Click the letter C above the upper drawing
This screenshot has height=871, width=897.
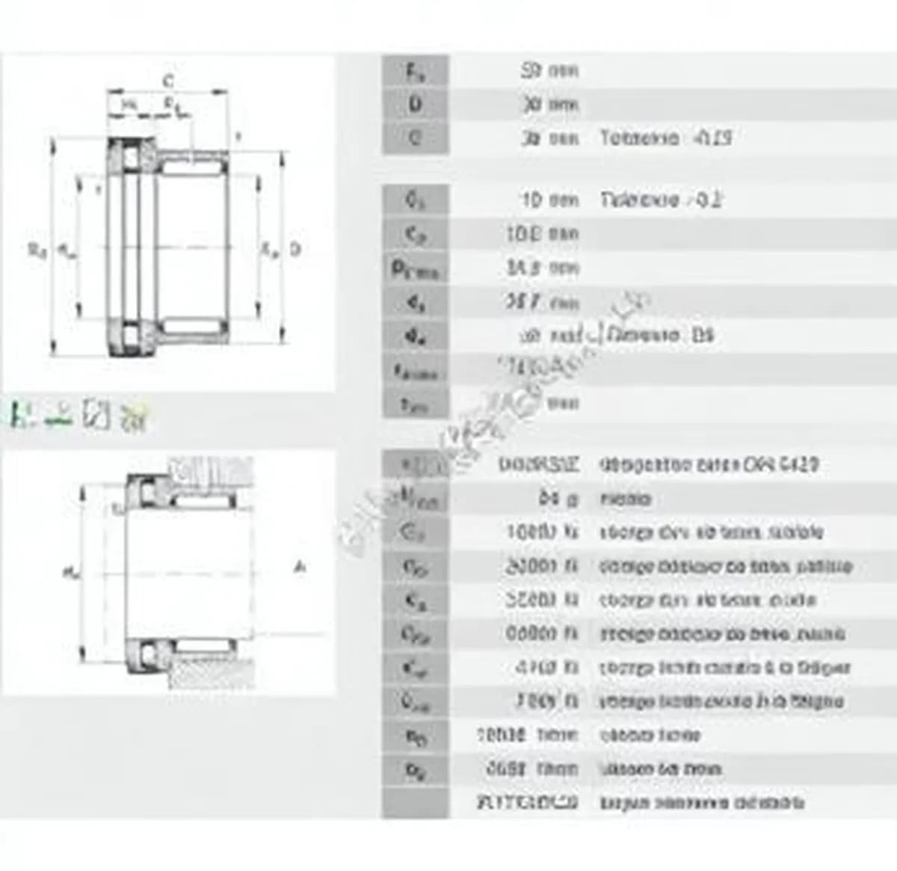click(169, 80)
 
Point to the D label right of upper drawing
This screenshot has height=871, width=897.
click(295, 248)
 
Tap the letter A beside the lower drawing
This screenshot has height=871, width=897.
click(300, 568)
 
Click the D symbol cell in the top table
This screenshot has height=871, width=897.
click(416, 105)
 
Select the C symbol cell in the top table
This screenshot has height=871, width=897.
click(416, 138)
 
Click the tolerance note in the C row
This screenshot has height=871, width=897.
click(665, 138)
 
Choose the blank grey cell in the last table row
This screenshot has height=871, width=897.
click(416, 803)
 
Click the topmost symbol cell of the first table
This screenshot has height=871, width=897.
click(416, 71)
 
